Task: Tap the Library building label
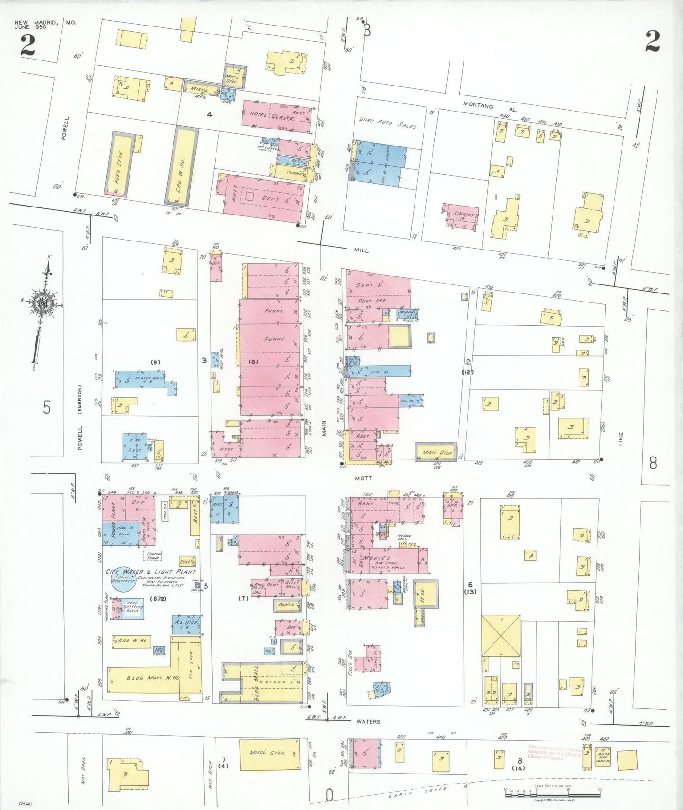pos(464,214)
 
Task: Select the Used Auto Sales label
pos(388,123)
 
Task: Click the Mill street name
pos(361,250)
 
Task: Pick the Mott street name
pos(363,478)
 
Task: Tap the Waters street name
pos(368,721)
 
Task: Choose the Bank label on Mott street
pos(366,504)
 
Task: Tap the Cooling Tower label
pos(153,556)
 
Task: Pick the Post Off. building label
pos(372,301)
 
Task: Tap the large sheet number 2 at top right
pos(652,42)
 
